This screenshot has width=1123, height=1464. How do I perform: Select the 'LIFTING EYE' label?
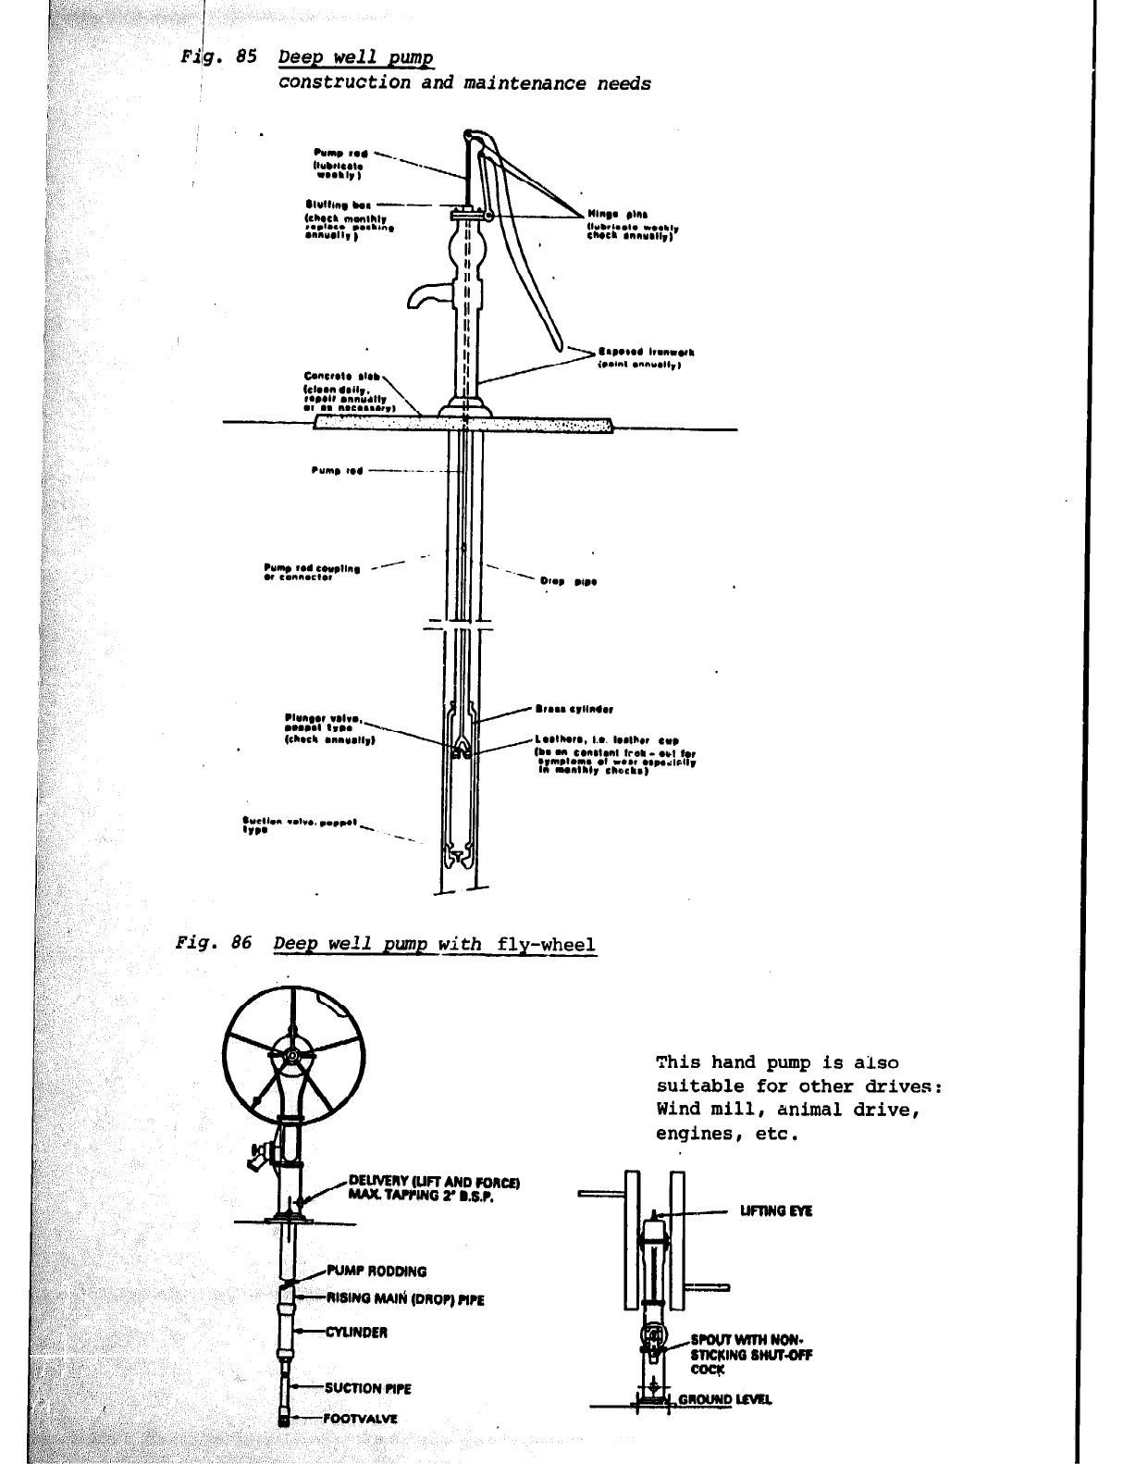coord(775,1210)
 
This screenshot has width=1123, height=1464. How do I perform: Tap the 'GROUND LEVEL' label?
coord(725,1399)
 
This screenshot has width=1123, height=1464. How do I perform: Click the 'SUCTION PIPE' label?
coord(367,1387)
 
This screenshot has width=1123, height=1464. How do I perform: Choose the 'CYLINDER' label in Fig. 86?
coord(356,1333)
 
